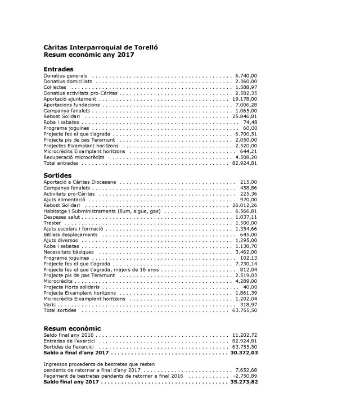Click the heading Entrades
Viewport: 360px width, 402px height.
pos(58,69)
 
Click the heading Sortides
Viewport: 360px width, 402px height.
pos(57,175)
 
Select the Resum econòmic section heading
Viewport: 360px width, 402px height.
pos(72,328)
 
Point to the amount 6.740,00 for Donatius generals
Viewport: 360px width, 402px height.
pos(245,75)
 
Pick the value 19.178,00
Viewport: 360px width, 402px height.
pos(244,99)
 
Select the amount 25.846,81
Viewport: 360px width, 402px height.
pos(244,116)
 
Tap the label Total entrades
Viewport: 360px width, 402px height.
pos(61,164)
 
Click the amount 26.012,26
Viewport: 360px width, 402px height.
pos(244,205)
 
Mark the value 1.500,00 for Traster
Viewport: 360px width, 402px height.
pos(245,223)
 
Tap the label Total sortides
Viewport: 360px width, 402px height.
pos(60,310)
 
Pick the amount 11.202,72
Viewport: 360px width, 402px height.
pos(244,335)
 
